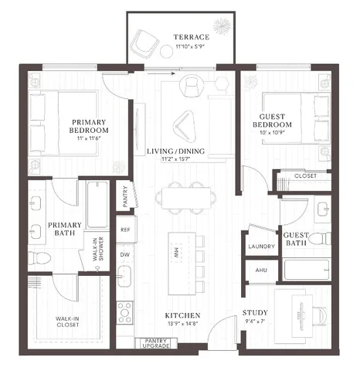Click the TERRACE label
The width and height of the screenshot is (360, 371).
point(190,36)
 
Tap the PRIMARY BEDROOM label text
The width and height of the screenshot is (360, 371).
point(90,126)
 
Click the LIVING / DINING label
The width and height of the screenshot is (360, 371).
point(175,151)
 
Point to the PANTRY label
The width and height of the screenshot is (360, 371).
point(127,196)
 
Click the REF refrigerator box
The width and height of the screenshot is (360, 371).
point(125,230)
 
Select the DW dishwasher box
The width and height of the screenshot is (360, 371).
point(125,253)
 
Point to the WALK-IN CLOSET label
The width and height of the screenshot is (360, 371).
point(69,322)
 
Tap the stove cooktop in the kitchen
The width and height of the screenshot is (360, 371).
point(125,311)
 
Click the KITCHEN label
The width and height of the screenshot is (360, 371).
point(182,316)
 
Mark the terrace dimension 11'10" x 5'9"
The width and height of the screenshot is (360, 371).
point(190,46)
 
